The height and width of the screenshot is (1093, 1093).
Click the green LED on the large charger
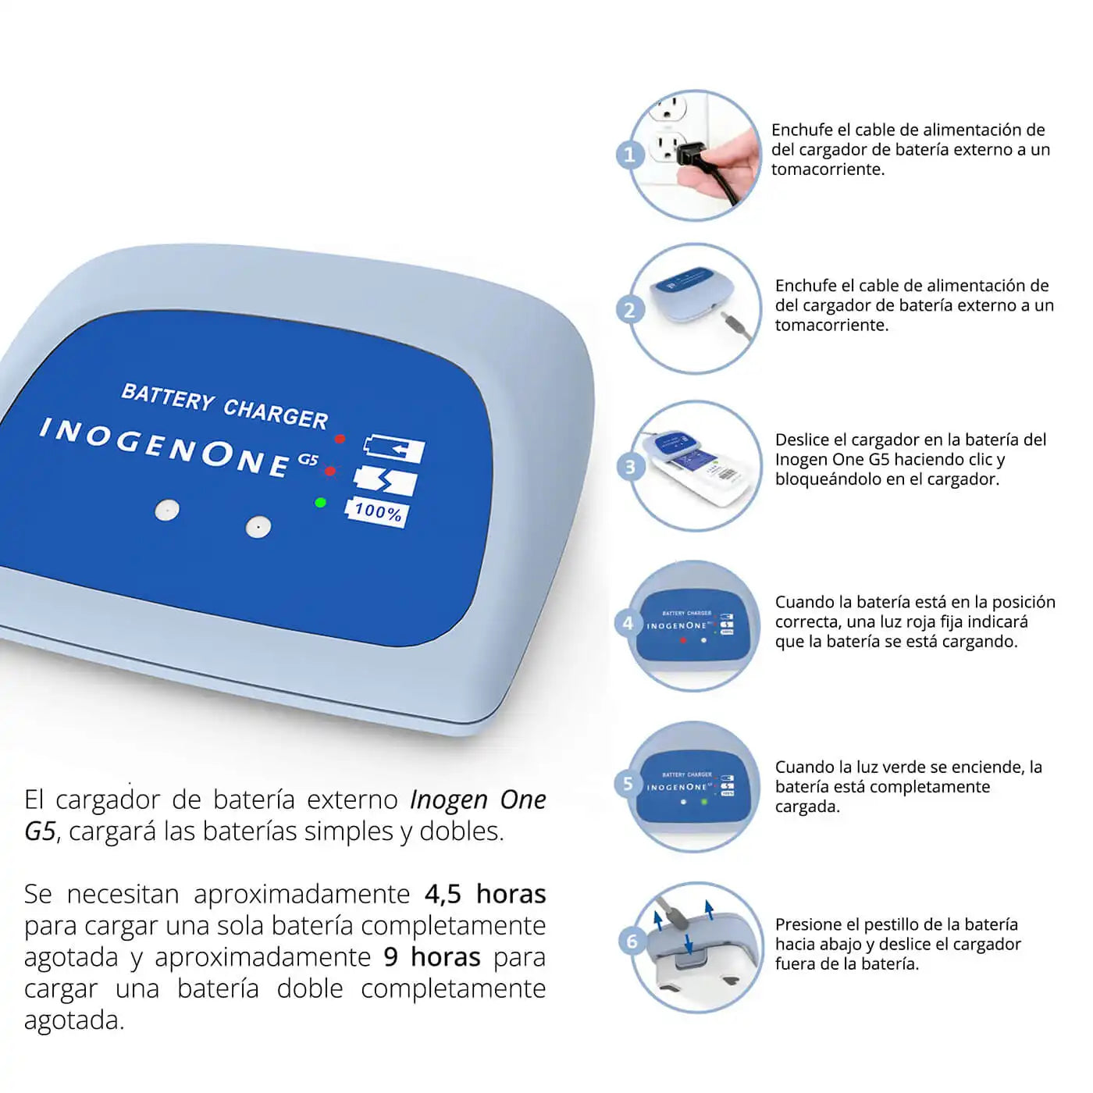coord(320,502)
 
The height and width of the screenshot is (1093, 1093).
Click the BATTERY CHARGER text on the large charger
coord(225,406)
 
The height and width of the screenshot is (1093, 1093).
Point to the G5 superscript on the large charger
coord(308,459)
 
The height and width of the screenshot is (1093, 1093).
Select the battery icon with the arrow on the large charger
coord(394,449)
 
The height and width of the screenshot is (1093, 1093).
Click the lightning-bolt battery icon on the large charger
coord(385,480)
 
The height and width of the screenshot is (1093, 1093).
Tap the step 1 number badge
coord(629,155)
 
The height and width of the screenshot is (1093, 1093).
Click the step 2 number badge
coord(629,310)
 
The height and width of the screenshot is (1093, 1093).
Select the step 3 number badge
coord(630,467)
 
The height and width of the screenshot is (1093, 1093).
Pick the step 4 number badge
coord(628,623)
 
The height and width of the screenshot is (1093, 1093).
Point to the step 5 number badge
coord(628,784)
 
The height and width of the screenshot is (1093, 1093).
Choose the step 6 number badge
coord(632,942)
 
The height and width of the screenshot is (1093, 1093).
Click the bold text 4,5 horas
coord(485,894)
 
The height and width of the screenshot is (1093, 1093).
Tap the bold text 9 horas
coord(431,957)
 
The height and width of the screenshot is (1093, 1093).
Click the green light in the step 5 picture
coord(704,802)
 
